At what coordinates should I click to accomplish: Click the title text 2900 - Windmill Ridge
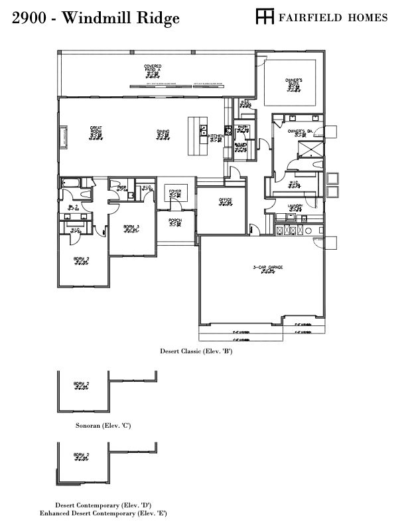(x=96, y=18)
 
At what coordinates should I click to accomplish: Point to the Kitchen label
(x=216, y=136)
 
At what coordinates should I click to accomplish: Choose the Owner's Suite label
(x=294, y=82)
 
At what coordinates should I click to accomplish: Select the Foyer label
(x=174, y=192)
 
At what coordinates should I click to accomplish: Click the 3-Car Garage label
(x=268, y=268)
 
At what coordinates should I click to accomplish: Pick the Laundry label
(x=295, y=207)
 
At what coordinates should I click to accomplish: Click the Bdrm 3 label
(x=131, y=228)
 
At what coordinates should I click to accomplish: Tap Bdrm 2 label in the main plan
(x=81, y=260)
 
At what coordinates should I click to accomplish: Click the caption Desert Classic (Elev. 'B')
(x=196, y=351)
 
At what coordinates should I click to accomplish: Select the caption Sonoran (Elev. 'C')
(x=103, y=424)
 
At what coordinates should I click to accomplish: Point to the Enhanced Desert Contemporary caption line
(x=103, y=513)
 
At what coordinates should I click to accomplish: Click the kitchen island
(x=196, y=136)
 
